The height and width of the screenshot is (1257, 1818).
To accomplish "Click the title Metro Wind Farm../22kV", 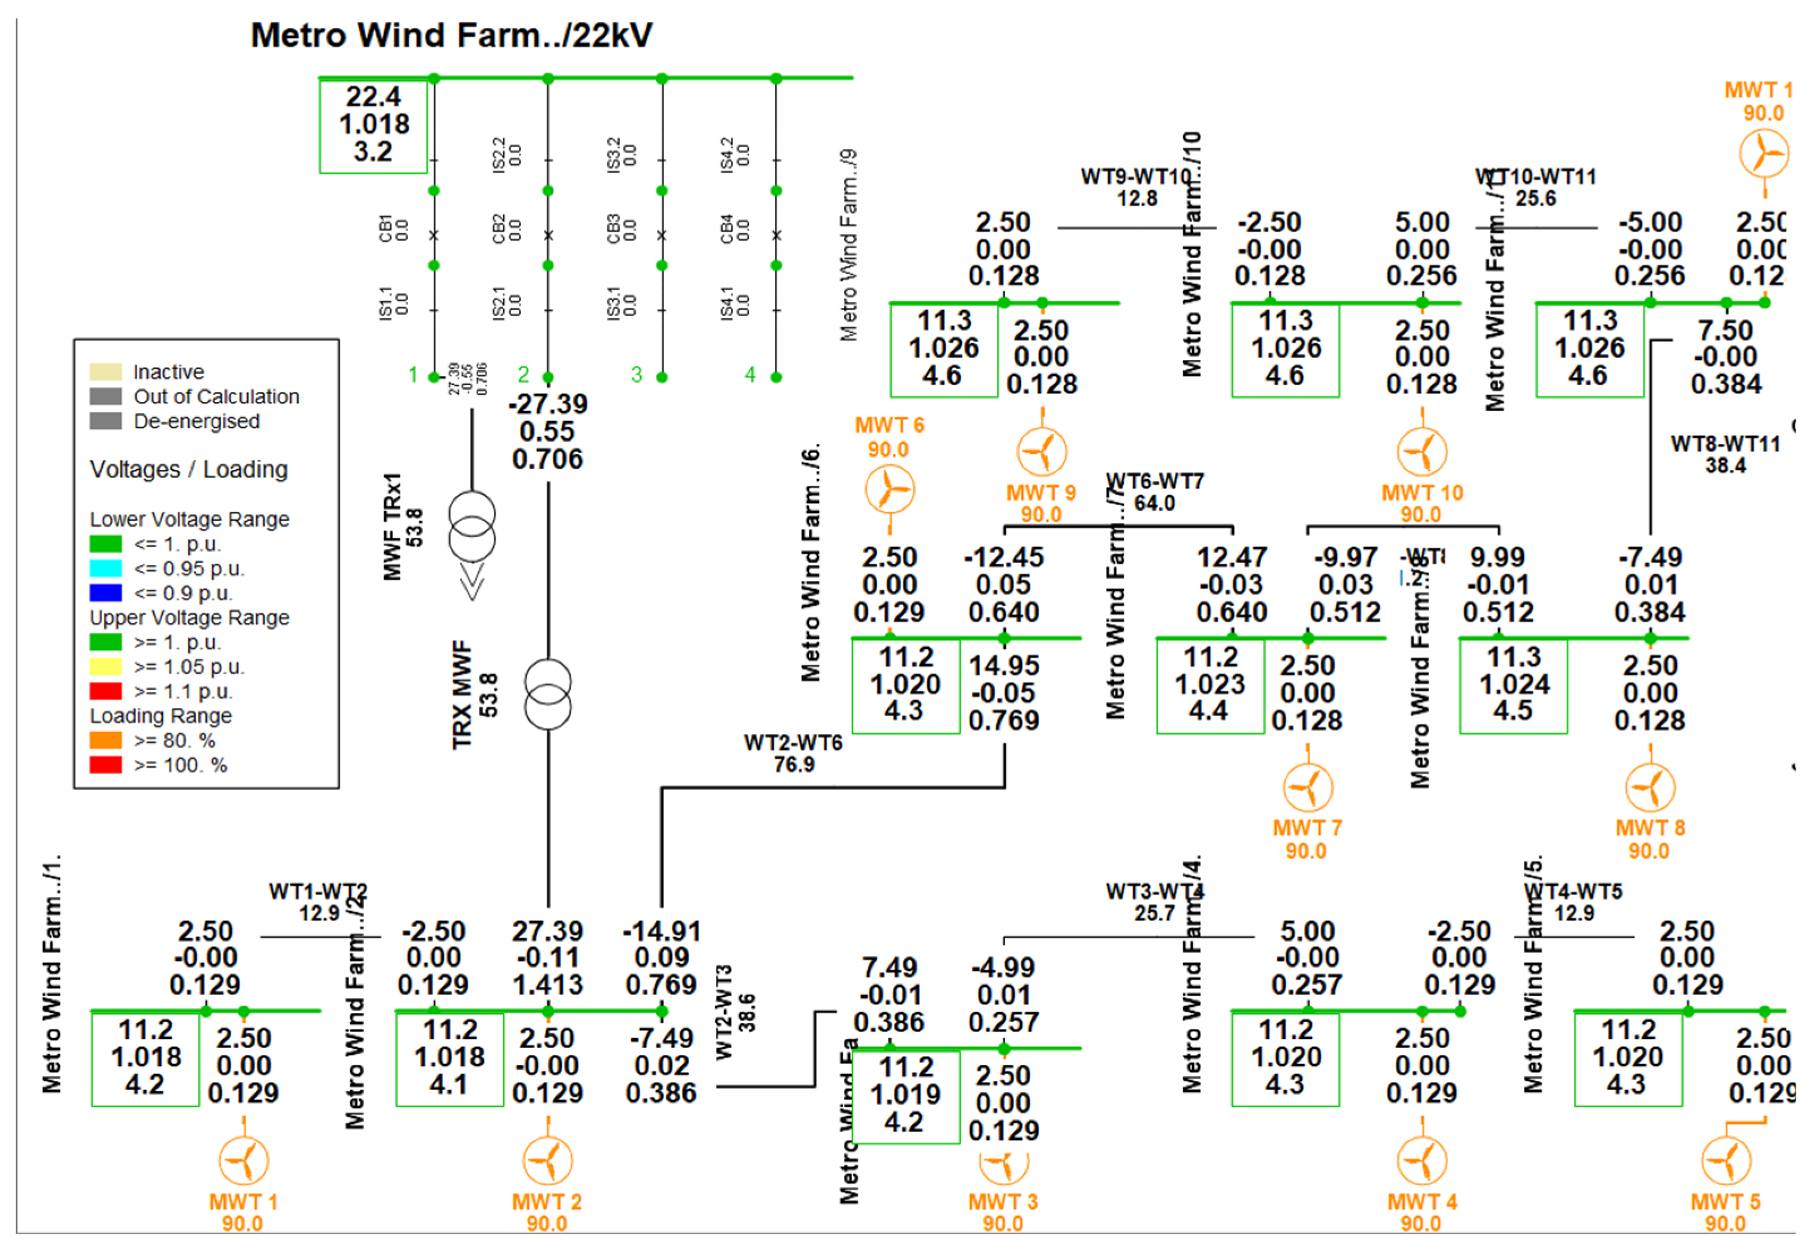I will point(451,36).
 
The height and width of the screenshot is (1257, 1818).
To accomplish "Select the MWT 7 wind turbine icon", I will point(1308,788).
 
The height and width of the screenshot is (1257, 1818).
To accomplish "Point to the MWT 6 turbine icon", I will point(889,489).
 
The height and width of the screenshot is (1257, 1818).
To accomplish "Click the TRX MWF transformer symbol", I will point(548,694).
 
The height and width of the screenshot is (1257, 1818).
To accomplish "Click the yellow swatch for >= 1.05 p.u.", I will point(105,667).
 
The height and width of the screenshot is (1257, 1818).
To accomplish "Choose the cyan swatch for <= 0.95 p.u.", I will point(105,568).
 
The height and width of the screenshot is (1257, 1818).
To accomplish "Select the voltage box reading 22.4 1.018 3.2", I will point(373,125).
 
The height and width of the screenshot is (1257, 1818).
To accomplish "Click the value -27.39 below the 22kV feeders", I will point(548,405).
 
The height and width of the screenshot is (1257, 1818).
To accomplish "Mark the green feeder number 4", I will point(750,374).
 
